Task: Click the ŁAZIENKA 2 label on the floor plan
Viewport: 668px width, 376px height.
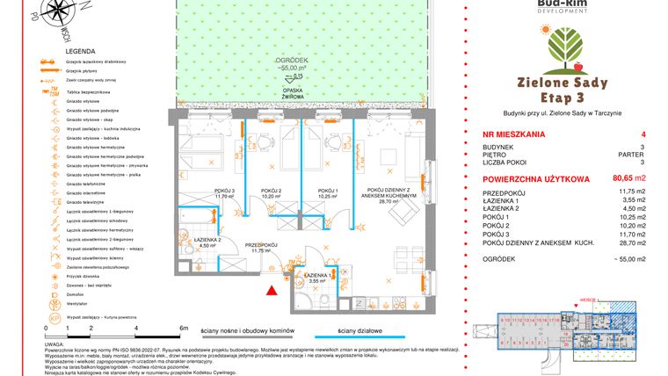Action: point(207,241)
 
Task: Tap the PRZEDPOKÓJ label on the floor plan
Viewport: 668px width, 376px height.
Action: point(261,246)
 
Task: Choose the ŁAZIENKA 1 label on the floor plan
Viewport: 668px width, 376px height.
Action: point(316,276)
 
